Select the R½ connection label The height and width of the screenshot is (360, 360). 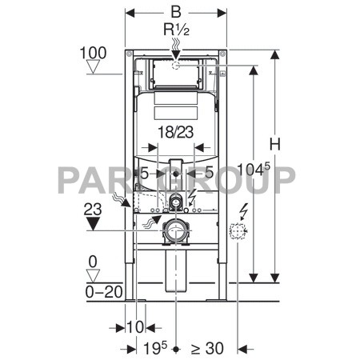(x=175, y=32)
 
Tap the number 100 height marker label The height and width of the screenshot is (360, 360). (x=94, y=53)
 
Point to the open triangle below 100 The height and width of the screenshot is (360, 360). (x=94, y=68)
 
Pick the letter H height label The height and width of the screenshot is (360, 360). (x=276, y=144)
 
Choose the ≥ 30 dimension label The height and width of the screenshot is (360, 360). (x=207, y=348)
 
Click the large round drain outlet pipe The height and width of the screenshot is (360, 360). (x=175, y=234)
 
